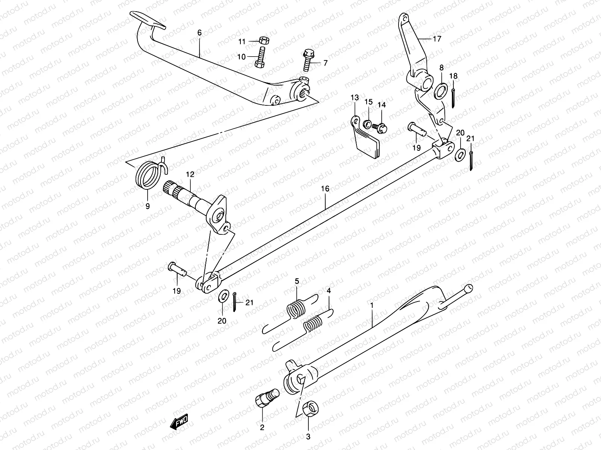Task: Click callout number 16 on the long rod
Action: [x=325, y=189]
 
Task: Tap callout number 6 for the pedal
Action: [x=199, y=33]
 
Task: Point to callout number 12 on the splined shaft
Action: [x=190, y=174]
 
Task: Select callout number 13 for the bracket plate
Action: [x=355, y=98]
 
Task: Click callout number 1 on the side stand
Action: [x=371, y=306]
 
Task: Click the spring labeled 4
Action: [x=316, y=323]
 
